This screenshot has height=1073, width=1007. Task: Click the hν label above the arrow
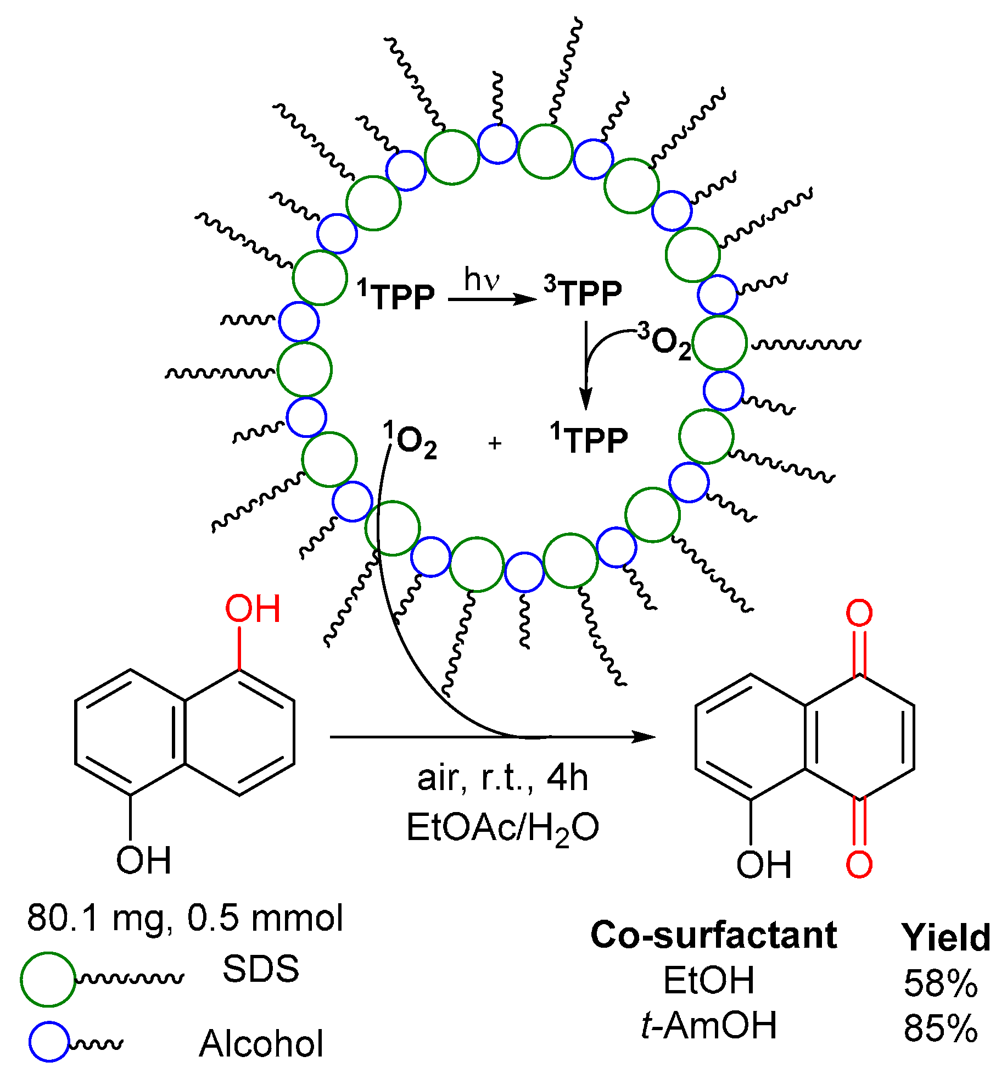[482, 280]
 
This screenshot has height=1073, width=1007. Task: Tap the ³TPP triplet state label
[583, 293]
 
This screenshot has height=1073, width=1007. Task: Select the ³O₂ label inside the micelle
[664, 342]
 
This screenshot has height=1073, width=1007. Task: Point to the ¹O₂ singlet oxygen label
[410, 440]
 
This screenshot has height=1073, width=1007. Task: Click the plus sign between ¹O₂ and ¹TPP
[495, 443]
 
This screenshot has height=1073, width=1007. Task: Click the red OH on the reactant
[253, 609]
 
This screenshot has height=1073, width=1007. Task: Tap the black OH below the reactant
[144, 860]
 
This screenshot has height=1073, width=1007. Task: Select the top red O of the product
[859, 613]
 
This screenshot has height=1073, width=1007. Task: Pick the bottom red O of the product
[859, 864]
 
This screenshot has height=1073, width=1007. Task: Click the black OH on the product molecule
[764, 865]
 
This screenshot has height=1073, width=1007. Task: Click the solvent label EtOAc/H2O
[502, 828]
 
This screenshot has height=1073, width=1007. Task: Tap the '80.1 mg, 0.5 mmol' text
[185, 918]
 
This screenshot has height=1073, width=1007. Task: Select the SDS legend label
[261, 969]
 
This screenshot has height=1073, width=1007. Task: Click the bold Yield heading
[946, 937]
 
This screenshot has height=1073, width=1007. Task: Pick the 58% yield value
[941, 983]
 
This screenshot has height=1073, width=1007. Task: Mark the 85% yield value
[941, 1028]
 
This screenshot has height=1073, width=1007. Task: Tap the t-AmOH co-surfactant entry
[709, 1025]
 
